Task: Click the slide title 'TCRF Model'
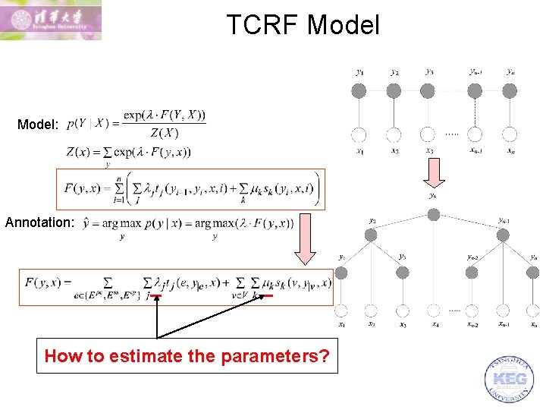tap(303, 25)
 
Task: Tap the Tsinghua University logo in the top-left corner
tap(51, 20)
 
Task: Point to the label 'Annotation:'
tap(40, 223)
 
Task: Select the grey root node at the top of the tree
tap(433, 215)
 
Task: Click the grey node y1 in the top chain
tap(359, 91)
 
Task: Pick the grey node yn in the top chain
tap(510, 91)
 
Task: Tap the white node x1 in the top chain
tap(359, 134)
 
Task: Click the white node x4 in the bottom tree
tap(434, 310)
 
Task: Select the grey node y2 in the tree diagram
tap(371, 236)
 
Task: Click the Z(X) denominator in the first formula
tap(164, 134)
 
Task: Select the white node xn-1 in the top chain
tap(475, 134)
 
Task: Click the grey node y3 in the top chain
tap(428, 91)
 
